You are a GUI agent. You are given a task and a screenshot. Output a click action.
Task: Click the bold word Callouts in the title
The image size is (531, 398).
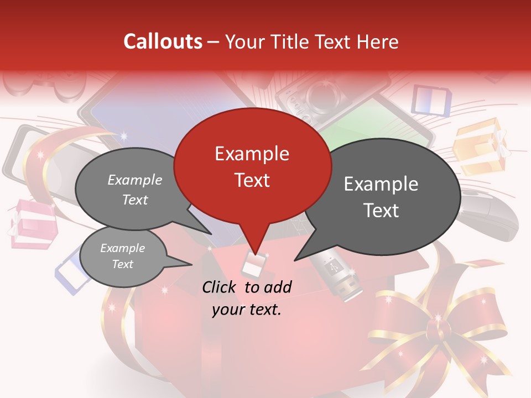coord(163,41)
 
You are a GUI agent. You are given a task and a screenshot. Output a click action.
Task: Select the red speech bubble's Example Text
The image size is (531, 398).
coord(252,166)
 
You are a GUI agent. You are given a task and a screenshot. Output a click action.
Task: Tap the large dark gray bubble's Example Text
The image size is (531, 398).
coord(381,197)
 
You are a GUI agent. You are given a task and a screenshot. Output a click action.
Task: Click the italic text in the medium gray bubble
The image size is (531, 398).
coord(135,190)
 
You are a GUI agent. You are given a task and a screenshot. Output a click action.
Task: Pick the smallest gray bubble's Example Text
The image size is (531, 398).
coord(123,256)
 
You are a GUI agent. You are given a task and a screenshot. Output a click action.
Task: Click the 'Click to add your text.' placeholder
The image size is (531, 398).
coord(247,298)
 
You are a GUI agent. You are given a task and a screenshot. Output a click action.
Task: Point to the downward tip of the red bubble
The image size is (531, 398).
coord(255,253)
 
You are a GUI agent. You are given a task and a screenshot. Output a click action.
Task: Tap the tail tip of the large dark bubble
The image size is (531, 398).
coord(295,260)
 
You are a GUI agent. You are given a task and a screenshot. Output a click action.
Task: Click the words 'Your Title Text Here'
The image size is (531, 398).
coord(312,41)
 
